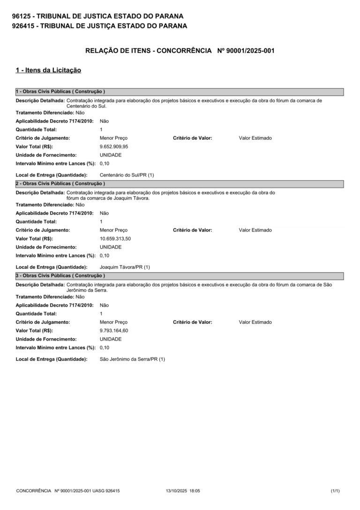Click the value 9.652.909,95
click(114, 146)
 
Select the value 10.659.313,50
click(115, 238)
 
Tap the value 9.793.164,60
click(114, 330)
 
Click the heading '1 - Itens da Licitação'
click(48, 70)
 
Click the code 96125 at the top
click(22, 16)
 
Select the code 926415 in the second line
click(23, 26)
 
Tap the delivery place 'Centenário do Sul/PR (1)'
click(127, 175)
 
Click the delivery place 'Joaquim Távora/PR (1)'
click(125, 267)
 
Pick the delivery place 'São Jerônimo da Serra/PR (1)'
click(132, 359)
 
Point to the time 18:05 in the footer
click(195, 491)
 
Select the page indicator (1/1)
click(335, 491)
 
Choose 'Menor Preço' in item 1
click(113, 138)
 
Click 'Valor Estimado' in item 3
click(255, 322)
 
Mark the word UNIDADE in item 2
click(111, 247)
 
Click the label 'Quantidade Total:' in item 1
click(36, 129)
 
